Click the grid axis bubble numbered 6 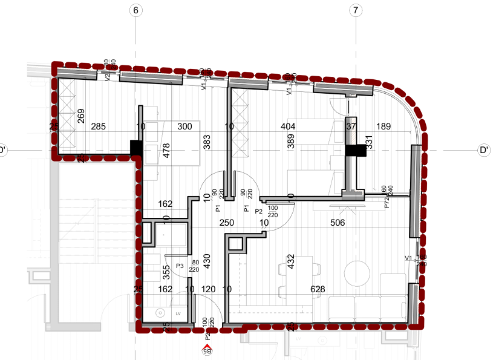coord(135,10)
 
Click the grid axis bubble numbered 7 coord(355,10)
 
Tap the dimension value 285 coord(98,127)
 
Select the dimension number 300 coord(184,127)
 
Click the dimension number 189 coord(384,127)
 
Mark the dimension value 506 coord(337,223)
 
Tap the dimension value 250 coord(226,223)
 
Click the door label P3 coord(180,266)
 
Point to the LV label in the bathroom coord(178,314)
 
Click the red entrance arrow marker coord(207,348)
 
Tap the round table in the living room coord(355,270)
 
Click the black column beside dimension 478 coord(136,147)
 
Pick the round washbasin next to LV coord(160,313)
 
